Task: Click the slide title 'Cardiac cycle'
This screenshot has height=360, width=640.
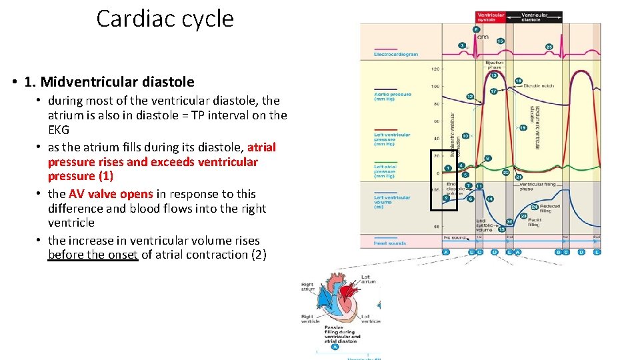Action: pos(165,19)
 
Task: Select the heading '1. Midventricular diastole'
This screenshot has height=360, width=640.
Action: pos(109,82)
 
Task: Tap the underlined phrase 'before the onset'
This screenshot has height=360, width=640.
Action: pos(93,255)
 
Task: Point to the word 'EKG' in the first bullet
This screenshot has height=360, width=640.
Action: pos(59,129)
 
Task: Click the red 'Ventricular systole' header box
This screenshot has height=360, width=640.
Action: pos(491,17)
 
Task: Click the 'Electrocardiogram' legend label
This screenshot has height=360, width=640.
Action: pos(395,55)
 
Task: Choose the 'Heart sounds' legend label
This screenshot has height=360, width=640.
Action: pos(389,243)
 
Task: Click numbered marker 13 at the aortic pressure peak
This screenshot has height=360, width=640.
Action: pos(495,76)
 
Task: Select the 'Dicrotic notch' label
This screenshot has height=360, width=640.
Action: pos(540,85)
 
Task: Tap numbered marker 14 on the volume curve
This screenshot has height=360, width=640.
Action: pos(490,199)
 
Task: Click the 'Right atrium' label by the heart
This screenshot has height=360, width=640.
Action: pos(308,287)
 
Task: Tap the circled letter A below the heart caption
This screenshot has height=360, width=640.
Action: pos(335,346)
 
